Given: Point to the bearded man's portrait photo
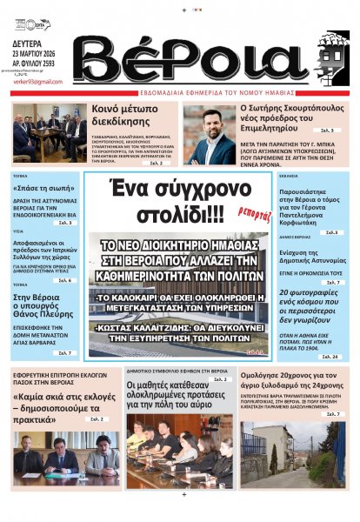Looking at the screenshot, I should [208, 134].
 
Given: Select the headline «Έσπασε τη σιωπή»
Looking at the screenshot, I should [40, 188].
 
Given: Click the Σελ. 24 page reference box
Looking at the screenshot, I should [330, 357].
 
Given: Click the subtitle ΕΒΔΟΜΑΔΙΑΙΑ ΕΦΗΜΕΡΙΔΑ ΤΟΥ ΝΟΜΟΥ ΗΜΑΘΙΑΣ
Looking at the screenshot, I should [203, 92].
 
